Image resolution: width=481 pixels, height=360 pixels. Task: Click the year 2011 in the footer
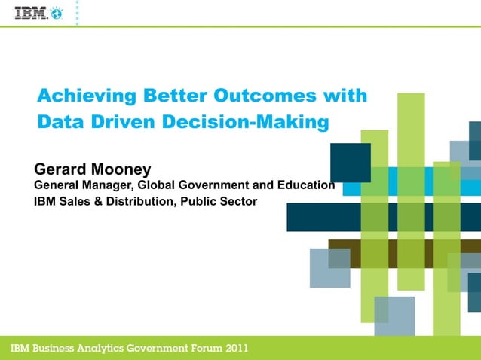point(231,348)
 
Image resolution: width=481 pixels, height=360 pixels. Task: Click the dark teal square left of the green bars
point(350,162)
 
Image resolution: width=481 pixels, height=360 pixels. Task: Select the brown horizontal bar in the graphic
point(343,253)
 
